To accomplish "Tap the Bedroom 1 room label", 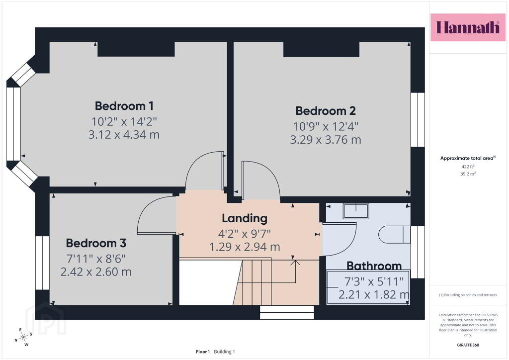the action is point(124,106).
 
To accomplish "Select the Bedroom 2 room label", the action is point(325,111).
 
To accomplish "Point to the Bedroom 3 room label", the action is point(96,243).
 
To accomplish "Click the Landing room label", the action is point(245,218).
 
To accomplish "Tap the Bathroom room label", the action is point(374,266).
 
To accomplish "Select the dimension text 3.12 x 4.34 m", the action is point(124,134).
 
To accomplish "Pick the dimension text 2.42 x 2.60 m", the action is point(96,271).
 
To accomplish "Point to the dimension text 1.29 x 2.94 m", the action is point(245,247).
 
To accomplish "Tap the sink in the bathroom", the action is point(356,211).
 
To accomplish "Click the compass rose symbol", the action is point(23,338).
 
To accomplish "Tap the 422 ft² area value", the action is point(468,167).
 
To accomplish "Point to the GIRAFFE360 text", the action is point(468,345).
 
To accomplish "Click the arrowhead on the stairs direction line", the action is point(295,262).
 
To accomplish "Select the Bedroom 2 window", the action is point(418,120).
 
